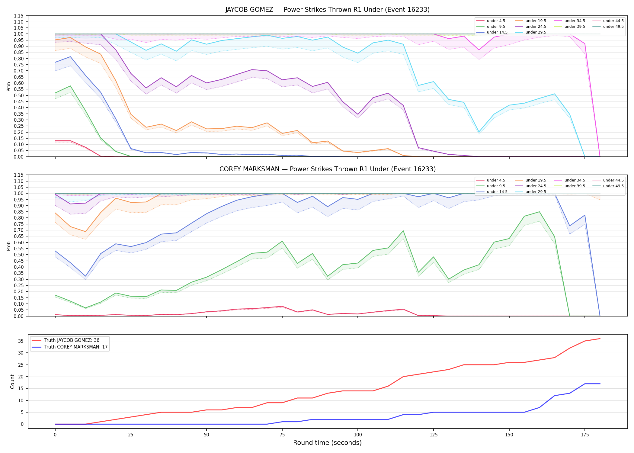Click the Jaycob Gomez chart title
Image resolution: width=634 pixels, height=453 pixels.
[x=327, y=10]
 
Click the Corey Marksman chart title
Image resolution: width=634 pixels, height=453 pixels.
[x=327, y=169]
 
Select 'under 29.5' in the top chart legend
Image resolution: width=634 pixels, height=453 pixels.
[x=536, y=32]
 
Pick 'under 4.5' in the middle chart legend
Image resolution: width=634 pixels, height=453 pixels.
[x=496, y=180]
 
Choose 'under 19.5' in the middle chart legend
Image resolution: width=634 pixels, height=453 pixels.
[x=536, y=180]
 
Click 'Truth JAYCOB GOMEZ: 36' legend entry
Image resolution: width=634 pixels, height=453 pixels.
[x=72, y=340]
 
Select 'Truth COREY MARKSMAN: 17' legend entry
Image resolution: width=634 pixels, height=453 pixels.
[x=76, y=347]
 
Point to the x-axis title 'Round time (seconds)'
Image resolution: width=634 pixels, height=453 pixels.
[x=327, y=443]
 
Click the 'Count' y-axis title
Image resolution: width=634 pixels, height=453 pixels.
[x=12, y=381]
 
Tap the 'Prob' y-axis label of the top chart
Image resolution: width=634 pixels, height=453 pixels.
[x=9, y=86]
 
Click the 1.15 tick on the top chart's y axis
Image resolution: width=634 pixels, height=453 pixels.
[x=19, y=16]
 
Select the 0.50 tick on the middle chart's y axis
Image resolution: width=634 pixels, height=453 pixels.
[x=19, y=255]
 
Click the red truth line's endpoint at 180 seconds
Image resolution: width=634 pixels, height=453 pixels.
[x=600, y=339]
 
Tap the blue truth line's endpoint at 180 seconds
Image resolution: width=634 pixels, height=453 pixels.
[x=600, y=384]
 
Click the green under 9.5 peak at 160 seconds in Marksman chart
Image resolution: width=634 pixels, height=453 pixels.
[x=539, y=212]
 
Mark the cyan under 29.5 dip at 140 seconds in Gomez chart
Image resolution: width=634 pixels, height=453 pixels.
[x=479, y=132]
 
